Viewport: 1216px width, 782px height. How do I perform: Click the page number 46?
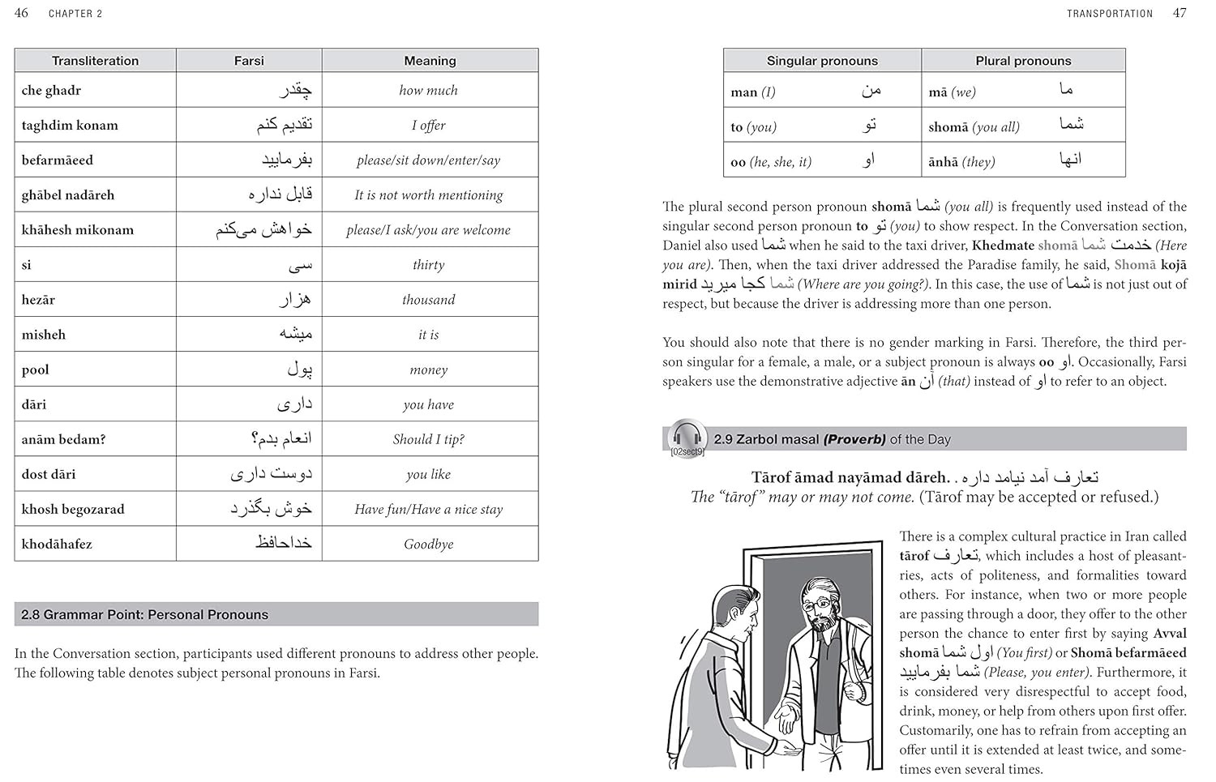21,12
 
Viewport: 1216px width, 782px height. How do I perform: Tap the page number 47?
1180,12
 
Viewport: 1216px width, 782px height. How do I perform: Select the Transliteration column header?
95,61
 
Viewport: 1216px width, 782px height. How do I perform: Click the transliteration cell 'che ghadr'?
52,90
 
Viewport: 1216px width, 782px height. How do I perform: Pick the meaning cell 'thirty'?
429,265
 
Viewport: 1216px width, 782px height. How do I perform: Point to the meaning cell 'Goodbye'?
429,544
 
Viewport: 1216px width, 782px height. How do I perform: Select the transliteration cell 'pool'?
36,370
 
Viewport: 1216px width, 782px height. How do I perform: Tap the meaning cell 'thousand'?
429,300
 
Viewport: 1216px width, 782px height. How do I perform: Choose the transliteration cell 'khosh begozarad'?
73,509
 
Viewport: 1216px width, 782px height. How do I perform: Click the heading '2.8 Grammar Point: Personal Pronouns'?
144,614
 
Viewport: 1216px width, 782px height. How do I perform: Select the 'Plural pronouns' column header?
1023,61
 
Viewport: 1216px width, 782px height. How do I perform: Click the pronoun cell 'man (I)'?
753,92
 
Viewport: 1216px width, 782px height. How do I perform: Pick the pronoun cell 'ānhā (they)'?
961,161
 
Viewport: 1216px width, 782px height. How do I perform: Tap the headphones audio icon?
687,437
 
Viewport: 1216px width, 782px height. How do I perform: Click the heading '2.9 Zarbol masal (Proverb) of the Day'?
832,439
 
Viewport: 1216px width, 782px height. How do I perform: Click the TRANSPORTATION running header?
1109,13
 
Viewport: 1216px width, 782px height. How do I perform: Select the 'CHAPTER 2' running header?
75,13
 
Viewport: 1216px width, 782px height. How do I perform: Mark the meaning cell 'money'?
429,370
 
